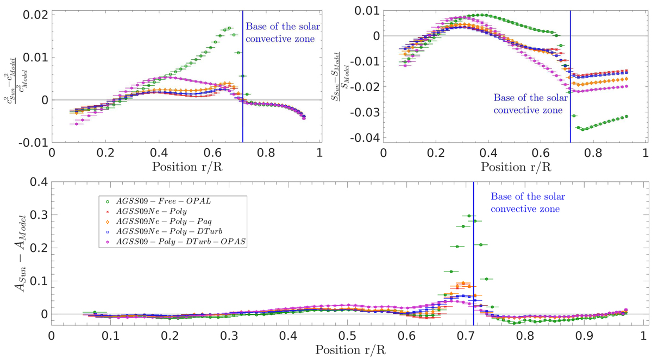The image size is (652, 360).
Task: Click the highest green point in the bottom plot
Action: [x=469, y=216]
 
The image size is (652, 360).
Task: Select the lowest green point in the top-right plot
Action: [x=583, y=130]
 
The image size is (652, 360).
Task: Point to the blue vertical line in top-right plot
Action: [x=570, y=81]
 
